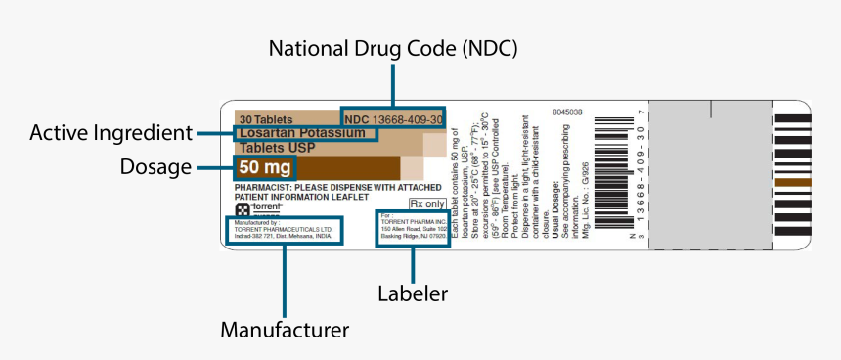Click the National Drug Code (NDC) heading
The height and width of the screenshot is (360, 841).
pos(392,48)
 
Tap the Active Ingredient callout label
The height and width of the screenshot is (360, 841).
pos(111,132)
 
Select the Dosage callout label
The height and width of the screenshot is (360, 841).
pos(155,167)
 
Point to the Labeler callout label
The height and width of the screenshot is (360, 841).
pos(413,292)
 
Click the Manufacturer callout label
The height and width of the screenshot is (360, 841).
pos(284,330)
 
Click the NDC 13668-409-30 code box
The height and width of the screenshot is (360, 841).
pos(393,118)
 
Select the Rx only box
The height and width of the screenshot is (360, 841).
pos(426,204)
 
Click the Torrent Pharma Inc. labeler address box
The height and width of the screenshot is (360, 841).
pos(413,229)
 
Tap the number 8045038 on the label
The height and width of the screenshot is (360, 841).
pos(566,112)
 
